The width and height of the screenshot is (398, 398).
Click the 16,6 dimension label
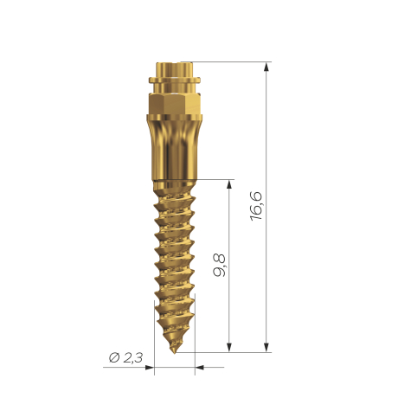(x=256, y=206)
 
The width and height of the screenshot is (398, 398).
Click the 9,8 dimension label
(x=220, y=266)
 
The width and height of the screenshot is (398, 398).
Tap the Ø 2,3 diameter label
(x=126, y=358)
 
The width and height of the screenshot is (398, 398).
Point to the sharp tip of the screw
(x=174, y=352)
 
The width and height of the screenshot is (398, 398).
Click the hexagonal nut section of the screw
(x=175, y=104)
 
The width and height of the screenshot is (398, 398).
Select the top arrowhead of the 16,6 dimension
(x=266, y=67)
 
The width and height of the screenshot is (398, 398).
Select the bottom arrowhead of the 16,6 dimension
(x=266, y=347)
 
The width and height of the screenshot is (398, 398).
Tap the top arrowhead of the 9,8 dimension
(x=229, y=184)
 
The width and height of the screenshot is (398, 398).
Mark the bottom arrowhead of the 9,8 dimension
(x=229, y=347)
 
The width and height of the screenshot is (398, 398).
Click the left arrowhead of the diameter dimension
(x=149, y=368)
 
